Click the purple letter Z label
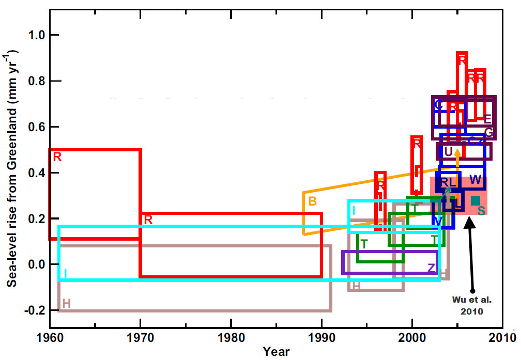click(x=431, y=267)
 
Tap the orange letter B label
click(x=312, y=201)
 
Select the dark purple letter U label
click(x=448, y=151)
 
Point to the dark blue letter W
click(x=476, y=180)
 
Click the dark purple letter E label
click(x=487, y=119)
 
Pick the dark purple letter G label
click(x=488, y=132)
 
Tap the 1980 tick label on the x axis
click(x=231, y=338)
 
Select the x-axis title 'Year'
click(x=276, y=352)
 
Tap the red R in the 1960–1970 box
click(x=57, y=157)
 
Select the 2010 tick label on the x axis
click(x=503, y=338)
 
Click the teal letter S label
click(x=481, y=211)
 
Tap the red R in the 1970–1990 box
click(x=148, y=220)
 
